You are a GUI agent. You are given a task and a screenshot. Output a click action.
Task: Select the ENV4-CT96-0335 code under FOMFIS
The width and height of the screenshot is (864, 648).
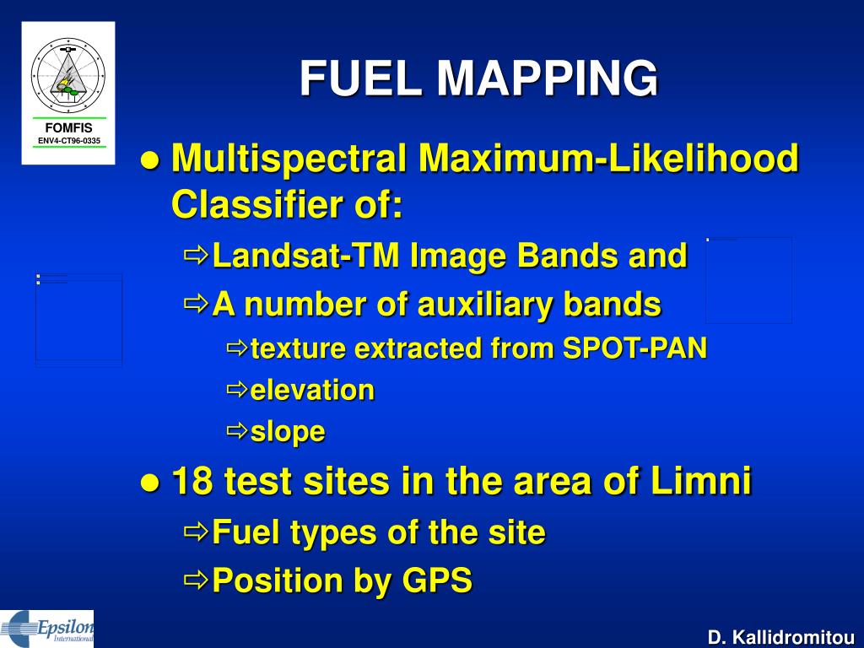tap(69, 140)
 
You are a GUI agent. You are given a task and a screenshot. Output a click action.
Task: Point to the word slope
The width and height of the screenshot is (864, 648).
tap(288, 432)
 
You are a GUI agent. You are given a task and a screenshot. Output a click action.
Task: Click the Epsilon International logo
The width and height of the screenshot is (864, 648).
tap(47, 628)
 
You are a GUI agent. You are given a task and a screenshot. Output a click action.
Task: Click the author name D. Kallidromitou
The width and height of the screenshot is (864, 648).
tap(781, 637)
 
